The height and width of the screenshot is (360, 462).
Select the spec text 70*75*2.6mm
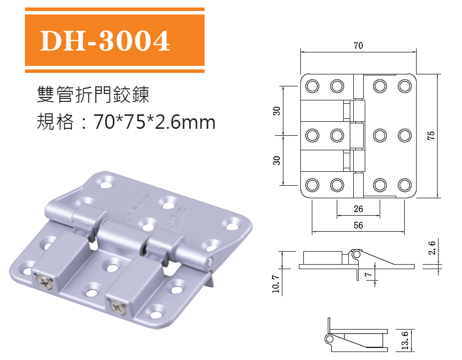(x=155, y=121)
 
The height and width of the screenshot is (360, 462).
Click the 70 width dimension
(x=358, y=45)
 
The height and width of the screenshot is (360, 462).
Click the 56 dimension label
(x=358, y=226)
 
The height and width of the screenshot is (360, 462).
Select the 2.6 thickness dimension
(x=433, y=247)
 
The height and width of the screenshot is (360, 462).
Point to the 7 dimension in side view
(x=368, y=275)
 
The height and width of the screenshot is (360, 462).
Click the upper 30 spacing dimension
(x=277, y=111)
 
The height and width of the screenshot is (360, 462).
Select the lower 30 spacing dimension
(x=277, y=160)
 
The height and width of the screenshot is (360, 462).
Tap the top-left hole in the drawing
(x=312, y=86)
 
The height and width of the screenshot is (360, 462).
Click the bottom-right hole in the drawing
(x=404, y=185)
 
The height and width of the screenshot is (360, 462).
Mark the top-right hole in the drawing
(x=404, y=86)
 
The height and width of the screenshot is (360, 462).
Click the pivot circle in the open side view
(x=356, y=254)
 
